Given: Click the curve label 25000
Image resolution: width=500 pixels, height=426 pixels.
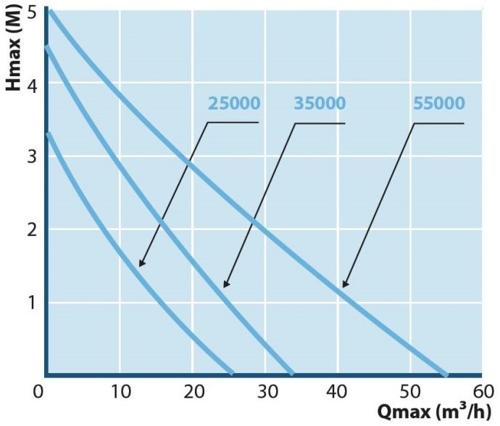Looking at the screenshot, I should click(x=233, y=103).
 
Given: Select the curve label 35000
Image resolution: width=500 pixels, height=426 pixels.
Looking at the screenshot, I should click(x=320, y=103).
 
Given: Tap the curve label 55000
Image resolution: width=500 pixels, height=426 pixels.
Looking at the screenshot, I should click(x=439, y=103).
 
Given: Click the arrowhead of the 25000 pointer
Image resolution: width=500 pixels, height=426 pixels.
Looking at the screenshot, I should click(x=141, y=265).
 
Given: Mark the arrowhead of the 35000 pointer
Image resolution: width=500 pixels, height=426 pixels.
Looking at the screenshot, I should click(x=225, y=285).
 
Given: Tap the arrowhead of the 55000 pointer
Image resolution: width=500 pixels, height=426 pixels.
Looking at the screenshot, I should click(x=344, y=286).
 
